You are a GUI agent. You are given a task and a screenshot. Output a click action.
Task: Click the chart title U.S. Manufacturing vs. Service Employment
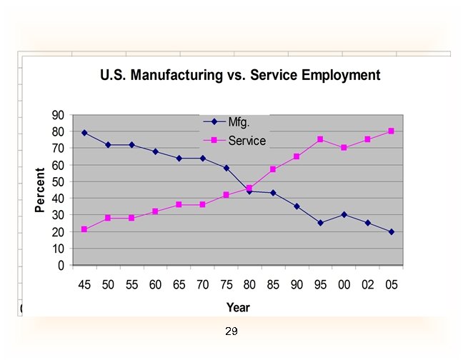pyautogui.click(x=240, y=75)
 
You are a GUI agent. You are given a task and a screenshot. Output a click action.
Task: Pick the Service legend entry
pyautogui.click(x=247, y=141)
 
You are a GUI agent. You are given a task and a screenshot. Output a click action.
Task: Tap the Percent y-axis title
pyautogui.click(x=41, y=189)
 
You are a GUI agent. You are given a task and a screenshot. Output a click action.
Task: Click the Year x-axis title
pyautogui.click(x=238, y=307)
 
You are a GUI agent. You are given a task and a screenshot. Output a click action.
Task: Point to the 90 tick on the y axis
pyautogui.click(x=57, y=115)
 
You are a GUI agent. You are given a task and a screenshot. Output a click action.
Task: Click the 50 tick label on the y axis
pyautogui.click(x=57, y=181)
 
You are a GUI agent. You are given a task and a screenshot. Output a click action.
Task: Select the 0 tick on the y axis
pyautogui.click(x=61, y=265)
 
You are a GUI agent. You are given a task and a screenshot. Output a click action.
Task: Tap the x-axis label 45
pyautogui.click(x=84, y=284)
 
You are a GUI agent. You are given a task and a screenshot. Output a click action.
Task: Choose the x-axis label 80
pyautogui.click(x=249, y=284)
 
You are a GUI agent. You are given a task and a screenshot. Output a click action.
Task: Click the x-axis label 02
pyautogui.click(x=368, y=284)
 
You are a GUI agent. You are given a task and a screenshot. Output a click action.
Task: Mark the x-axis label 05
pyautogui.click(x=392, y=284)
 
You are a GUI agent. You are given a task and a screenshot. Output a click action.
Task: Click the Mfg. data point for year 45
pyautogui.click(x=84, y=133)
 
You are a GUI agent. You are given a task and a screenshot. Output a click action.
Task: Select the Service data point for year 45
pyautogui.click(x=84, y=229)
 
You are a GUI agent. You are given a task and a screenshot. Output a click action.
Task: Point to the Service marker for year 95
pyautogui.click(x=320, y=139)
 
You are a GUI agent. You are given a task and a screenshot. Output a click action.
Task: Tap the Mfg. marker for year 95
pyautogui.click(x=320, y=223)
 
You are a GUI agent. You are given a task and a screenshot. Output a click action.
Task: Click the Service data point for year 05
pyautogui.click(x=392, y=131)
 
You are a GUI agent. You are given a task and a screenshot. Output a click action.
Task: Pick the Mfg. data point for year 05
pyautogui.click(x=392, y=231)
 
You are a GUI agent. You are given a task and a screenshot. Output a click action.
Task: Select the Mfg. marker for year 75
pyautogui.click(x=226, y=168)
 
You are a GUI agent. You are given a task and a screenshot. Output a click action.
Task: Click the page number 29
pyautogui.click(x=231, y=331)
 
